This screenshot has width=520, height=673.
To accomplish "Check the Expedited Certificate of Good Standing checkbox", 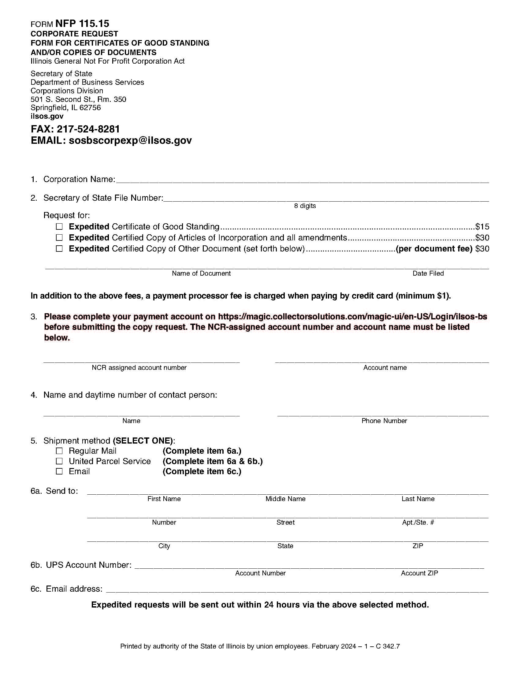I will [x=59, y=227].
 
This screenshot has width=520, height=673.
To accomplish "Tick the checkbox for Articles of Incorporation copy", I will [x=59, y=238].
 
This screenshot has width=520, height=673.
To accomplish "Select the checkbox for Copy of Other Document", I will [x=59, y=249].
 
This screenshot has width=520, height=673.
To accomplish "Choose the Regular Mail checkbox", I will [x=59, y=451].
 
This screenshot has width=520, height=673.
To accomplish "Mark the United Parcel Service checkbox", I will [x=59, y=461].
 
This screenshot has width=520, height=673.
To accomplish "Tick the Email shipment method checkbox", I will [x=59, y=471].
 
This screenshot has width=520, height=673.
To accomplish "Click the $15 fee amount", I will [x=482, y=227].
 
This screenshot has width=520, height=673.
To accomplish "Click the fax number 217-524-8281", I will [x=88, y=129].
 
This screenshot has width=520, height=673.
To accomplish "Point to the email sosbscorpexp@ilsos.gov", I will [x=130, y=140].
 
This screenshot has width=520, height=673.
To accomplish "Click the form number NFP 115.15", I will [x=82, y=24].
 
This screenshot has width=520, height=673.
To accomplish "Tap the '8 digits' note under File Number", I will [x=305, y=206].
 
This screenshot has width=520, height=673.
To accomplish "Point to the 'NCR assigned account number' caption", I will [x=139, y=368].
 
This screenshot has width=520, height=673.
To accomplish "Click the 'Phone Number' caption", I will [x=384, y=421].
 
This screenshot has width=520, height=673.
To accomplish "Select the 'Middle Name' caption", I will [x=285, y=499].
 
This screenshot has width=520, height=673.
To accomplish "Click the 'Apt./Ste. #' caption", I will [x=418, y=522].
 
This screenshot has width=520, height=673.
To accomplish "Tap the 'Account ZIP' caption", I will [x=419, y=573].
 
